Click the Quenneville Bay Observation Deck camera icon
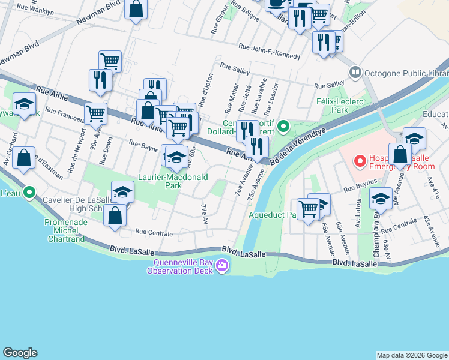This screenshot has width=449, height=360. click(223, 265)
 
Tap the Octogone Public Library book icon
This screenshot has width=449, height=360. click(355, 72)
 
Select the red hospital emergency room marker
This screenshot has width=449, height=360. click(360, 161)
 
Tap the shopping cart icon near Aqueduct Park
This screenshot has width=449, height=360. click(308, 210)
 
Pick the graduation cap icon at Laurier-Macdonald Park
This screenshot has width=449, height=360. click(176, 158)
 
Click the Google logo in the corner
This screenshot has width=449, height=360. click(20, 353)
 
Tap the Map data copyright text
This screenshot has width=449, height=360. click(412, 355)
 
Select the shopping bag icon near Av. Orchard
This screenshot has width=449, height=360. click(23, 158)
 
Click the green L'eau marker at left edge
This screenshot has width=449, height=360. click(29, 193)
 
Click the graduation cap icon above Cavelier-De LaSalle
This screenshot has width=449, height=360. click(122, 192)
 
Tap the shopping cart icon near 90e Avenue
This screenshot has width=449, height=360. click(96, 113)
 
